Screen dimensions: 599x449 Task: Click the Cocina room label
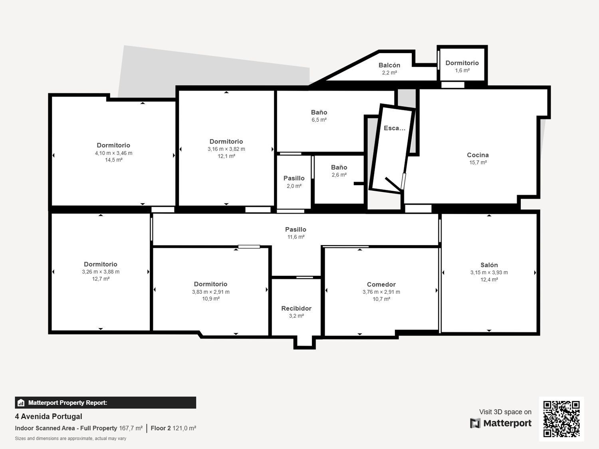[x=478, y=155]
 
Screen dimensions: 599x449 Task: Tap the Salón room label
[x=489, y=265]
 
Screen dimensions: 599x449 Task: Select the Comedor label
[x=381, y=284]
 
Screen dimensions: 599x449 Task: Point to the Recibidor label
[x=296, y=309]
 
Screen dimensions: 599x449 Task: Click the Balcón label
[x=389, y=65]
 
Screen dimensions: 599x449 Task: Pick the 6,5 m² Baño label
[x=319, y=112]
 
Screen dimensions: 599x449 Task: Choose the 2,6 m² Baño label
[x=339, y=167]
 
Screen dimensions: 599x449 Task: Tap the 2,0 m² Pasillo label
[x=294, y=178]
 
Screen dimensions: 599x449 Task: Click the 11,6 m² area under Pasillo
[x=296, y=237]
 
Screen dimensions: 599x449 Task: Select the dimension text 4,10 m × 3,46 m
[x=113, y=153]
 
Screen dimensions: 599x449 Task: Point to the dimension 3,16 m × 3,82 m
[x=226, y=149]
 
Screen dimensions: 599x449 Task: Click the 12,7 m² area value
[x=101, y=279]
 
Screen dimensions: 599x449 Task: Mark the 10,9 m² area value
[x=211, y=299]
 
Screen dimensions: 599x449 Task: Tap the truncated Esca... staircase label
[x=394, y=128]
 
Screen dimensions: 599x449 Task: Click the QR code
[x=561, y=419]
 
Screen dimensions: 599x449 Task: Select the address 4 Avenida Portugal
[x=49, y=416]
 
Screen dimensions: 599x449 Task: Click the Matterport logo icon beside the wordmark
[x=475, y=423]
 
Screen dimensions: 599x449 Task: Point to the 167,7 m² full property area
[x=131, y=428]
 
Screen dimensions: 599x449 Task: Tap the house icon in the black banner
[x=21, y=403]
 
